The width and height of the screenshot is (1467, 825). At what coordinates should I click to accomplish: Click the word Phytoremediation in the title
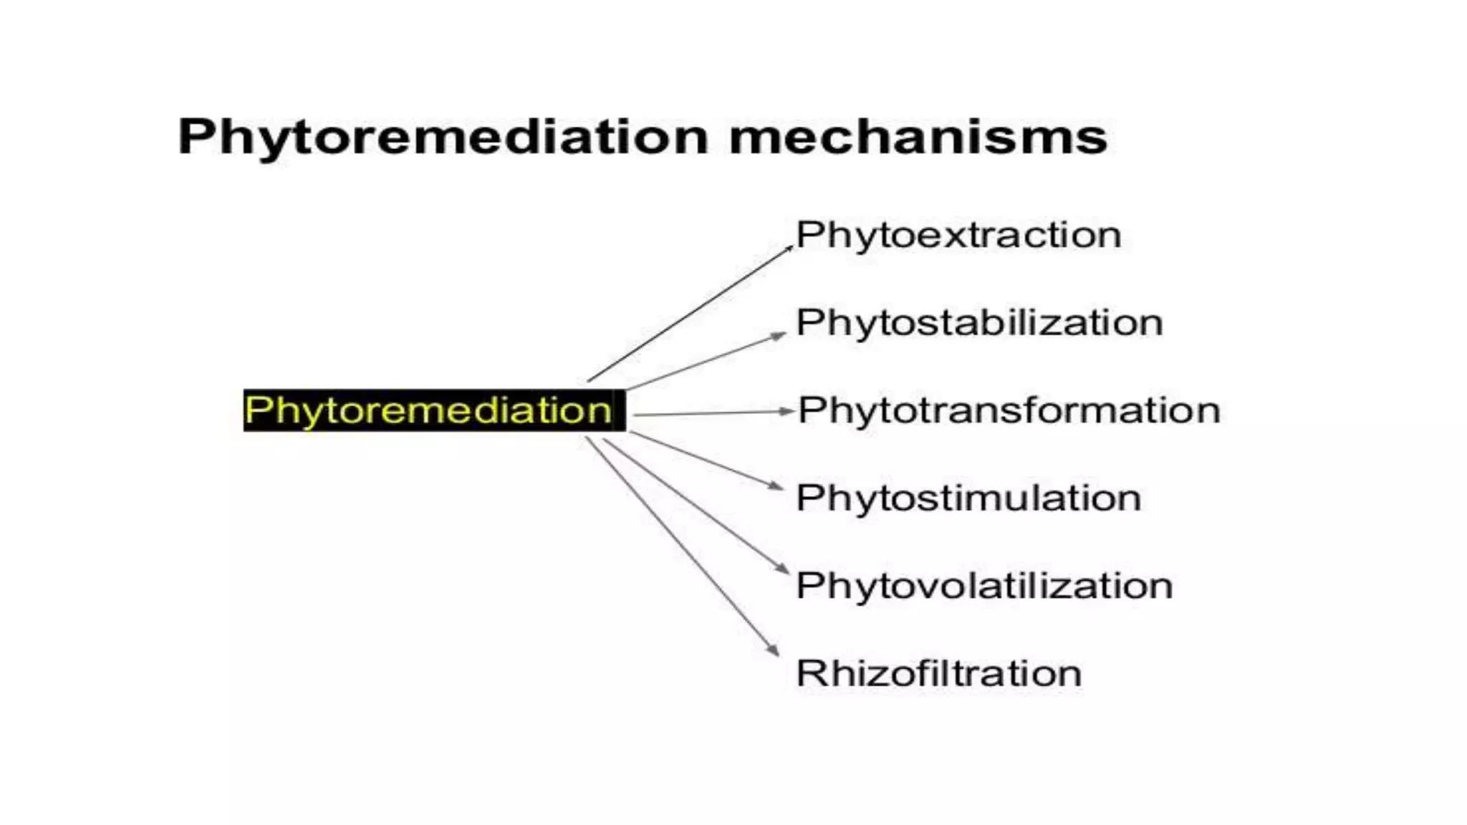[443, 136]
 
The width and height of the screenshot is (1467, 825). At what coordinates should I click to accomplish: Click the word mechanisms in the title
[918, 136]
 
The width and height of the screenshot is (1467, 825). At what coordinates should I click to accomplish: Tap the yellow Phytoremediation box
[434, 410]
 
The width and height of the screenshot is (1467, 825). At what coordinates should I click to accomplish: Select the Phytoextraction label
[958, 235]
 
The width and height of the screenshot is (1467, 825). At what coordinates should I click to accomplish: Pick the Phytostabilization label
[979, 323]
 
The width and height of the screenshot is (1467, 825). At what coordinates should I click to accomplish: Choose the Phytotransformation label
[1009, 410]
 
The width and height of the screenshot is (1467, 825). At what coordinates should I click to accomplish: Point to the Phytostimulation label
[968, 498]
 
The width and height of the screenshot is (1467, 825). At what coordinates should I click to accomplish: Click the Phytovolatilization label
[984, 586]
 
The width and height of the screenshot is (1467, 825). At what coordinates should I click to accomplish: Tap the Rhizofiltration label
[938, 673]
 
